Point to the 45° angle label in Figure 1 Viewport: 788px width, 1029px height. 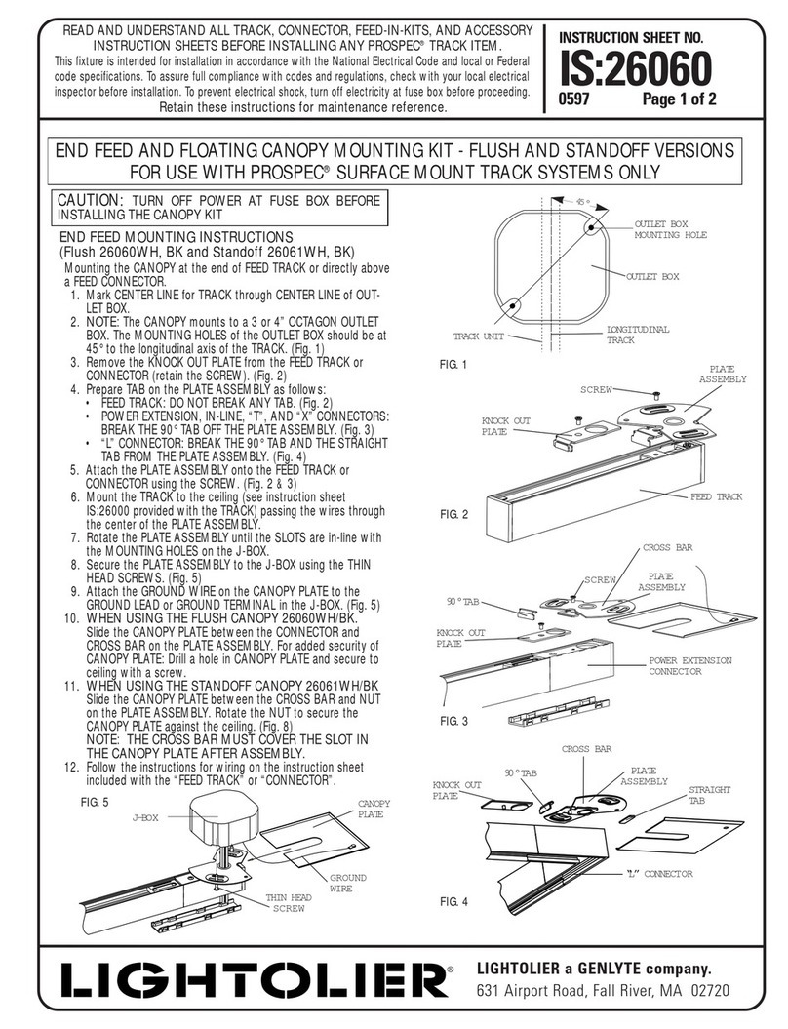582,204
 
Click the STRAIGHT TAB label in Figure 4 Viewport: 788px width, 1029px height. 710,795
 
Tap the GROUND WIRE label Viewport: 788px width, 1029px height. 347,883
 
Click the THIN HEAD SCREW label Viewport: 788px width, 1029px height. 288,902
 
